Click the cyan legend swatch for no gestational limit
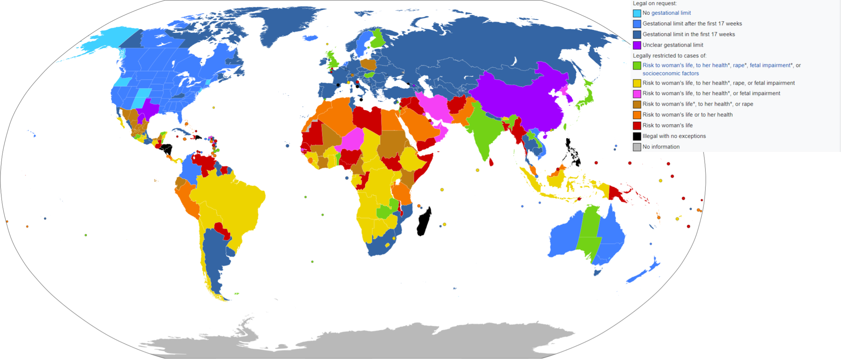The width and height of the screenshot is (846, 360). coord(637,13)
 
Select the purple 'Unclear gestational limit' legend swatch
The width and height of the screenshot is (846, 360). coord(637,45)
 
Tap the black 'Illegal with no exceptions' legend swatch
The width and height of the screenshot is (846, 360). coord(637,136)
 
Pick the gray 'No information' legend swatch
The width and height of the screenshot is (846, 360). coord(637,147)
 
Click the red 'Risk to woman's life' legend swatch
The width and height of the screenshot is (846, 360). coord(637,126)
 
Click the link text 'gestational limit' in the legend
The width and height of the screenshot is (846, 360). coord(671,13)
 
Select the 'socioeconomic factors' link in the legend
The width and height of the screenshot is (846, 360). coord(671,73)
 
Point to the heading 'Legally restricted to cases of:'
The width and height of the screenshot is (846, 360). coord(669,56)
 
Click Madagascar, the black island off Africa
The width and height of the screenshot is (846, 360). coord(424,222)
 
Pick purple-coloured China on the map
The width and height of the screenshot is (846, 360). coord(522,99)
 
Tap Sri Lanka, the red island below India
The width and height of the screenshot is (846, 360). coord(491,162)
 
